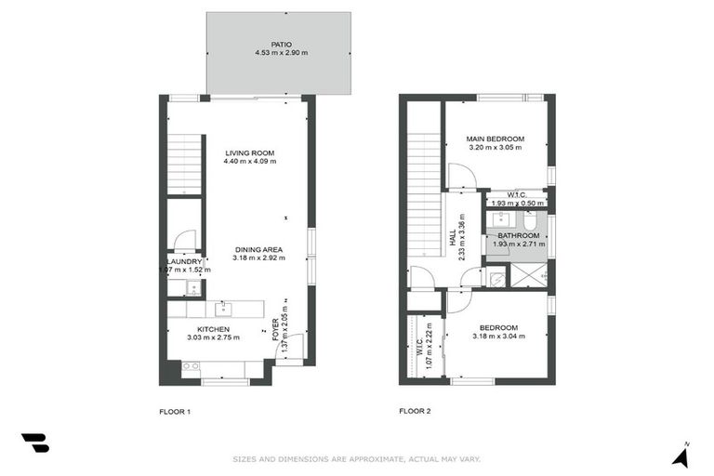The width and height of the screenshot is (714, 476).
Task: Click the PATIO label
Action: point(279,43)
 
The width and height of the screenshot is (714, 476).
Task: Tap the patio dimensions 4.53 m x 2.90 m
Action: point(279,53)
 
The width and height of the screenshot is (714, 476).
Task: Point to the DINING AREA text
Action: point(259,249)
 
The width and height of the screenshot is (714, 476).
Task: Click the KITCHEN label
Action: point(214,329)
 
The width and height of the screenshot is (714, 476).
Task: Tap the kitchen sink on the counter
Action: point(223,308)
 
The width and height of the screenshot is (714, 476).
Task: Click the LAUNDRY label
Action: point(184,261)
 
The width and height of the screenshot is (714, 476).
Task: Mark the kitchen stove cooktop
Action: point(191,367)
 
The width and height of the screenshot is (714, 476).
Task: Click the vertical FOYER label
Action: point(275,332)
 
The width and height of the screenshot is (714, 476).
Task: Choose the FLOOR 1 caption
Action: point(175,410)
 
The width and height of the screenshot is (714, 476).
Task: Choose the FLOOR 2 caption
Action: point(414,410)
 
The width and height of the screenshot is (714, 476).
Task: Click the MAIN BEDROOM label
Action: point(495,139)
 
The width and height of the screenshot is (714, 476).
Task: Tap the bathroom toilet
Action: point(530,222)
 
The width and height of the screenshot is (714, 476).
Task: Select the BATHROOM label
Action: point(518,236)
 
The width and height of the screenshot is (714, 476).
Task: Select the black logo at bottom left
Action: point(35,443)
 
